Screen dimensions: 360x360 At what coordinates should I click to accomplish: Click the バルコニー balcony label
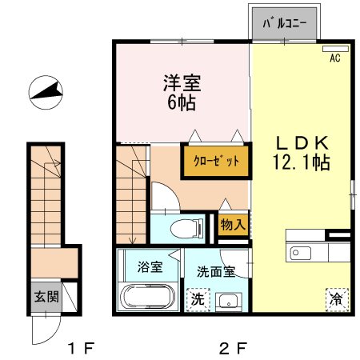285,23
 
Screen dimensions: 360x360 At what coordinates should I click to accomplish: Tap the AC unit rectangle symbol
335,49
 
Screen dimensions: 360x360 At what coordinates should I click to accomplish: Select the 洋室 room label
182,83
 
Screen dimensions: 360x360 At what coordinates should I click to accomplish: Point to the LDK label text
302,143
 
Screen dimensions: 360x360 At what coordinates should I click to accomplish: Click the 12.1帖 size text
302,162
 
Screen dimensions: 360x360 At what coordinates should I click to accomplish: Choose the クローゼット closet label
216,161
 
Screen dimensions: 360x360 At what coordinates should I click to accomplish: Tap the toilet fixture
187,228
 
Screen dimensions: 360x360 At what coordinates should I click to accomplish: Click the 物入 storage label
233,225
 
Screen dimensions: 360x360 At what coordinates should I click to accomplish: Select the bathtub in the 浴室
148,297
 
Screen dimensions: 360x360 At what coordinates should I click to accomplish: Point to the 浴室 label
150,266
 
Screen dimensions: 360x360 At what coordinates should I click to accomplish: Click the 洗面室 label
216,272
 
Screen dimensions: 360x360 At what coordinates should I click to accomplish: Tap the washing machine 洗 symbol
198,299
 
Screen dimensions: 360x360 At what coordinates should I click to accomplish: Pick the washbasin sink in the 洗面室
229,302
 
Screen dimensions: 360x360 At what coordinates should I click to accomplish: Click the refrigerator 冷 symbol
338,300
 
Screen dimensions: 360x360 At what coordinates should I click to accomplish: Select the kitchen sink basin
301,253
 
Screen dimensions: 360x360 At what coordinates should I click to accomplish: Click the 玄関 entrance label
46,297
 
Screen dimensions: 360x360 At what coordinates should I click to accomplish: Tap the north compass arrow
46,92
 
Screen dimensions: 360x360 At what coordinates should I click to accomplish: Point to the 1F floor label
81,349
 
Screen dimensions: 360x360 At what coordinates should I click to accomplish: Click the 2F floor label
232,349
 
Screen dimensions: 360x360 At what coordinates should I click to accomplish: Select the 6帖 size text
182,102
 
